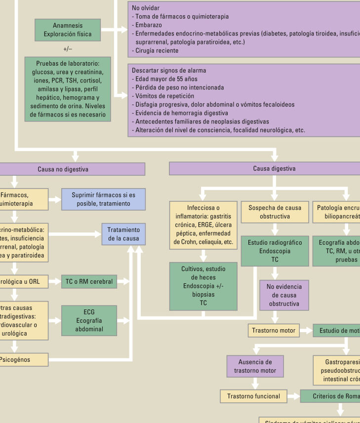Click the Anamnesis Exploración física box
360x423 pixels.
(x=68, y=30)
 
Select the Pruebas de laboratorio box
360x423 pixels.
(x=68, y=89)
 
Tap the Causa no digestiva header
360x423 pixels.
(x=63, y=169)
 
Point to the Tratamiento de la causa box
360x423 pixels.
(x=123, y=234)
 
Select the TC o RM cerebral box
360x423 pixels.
(x=89, y=282)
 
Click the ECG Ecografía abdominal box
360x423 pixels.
(x=89, y=321)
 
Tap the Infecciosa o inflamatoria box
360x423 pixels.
(x=203, y=225)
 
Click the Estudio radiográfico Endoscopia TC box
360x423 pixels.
(x=275, y=251)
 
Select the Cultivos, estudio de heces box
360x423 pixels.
(x=203, y=286)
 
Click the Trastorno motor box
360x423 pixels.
(x=274, y=331)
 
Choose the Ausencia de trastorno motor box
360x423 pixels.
(x=255, y=367)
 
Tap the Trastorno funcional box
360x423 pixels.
(x=253, y=396)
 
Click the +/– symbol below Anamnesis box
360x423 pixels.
(x=68, y=49)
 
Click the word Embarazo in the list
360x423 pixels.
(x=148, y=25)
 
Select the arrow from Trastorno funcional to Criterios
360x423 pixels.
(x=293, y=396)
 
